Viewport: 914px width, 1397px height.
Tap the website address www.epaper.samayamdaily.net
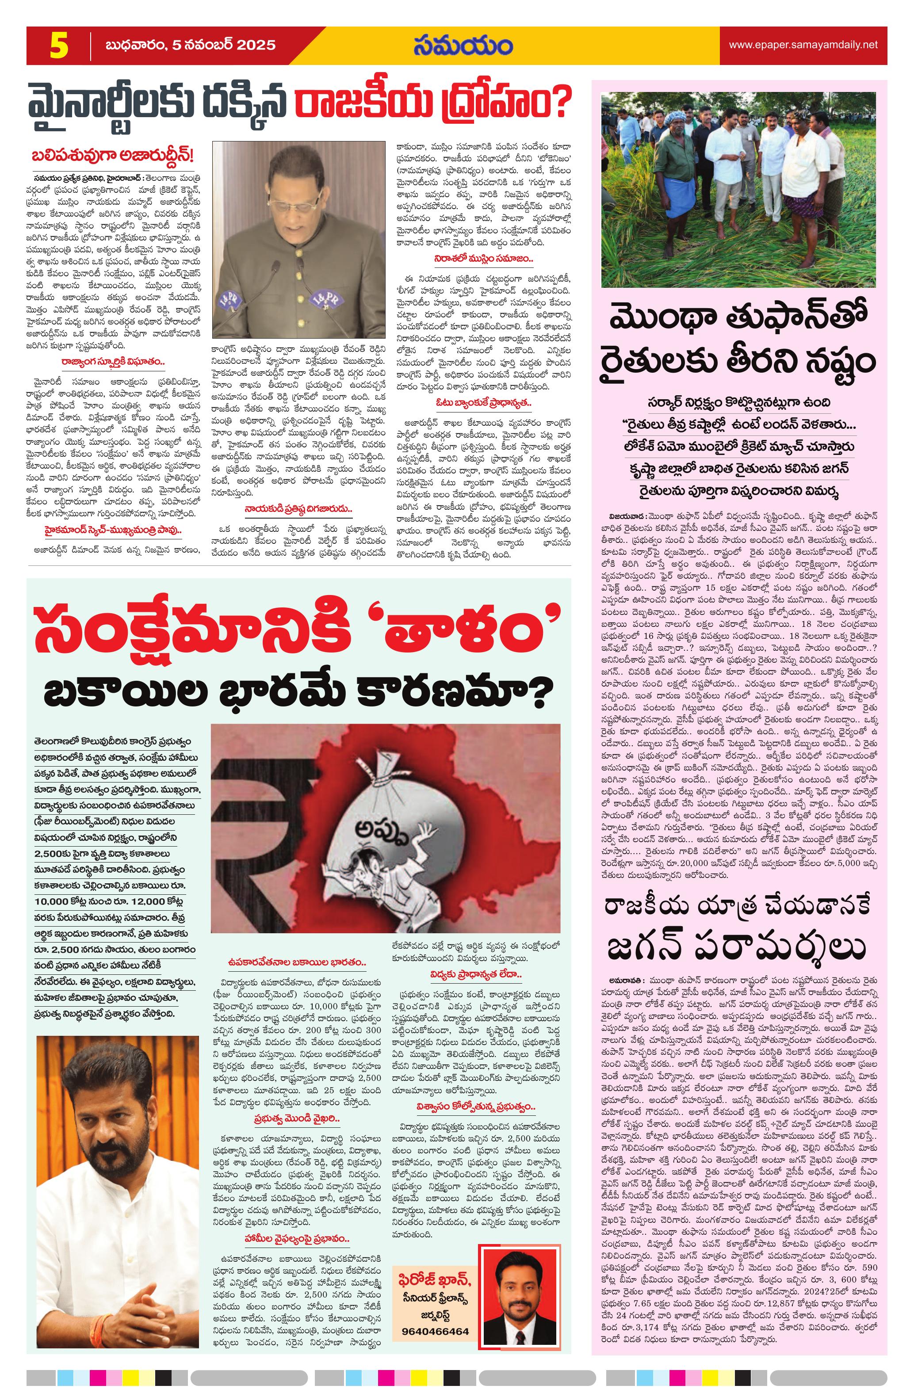click(803, 45)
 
